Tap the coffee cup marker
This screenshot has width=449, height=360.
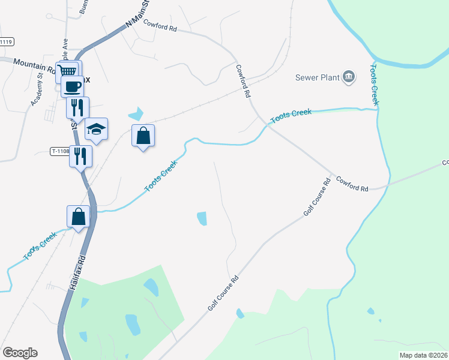pos(72,86)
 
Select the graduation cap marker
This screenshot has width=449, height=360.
pos(96,129)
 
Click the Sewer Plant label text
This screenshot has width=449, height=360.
pos(316,77)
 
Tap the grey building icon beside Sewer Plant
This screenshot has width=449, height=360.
pos(348,76)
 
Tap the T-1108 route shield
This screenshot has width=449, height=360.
pos(59,152)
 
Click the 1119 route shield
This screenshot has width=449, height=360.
pos(6,42)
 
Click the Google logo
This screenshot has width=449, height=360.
pos(20,352)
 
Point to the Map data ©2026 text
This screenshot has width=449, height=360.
pos(423,355)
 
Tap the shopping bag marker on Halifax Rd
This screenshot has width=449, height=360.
pos(79,217)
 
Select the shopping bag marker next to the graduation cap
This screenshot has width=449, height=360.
pos(143,136)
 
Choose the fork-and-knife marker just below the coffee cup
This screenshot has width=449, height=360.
pos(77,108)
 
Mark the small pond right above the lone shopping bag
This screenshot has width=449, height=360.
pos(137,113)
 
